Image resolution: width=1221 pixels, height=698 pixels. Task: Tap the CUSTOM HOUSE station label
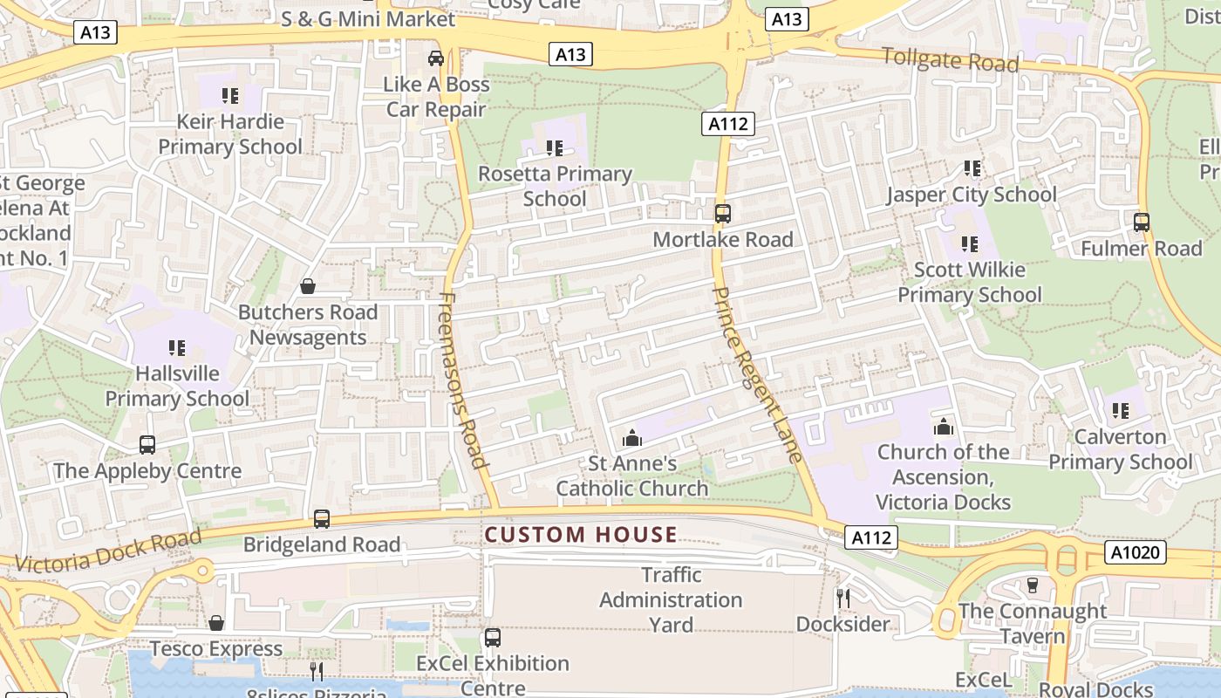coord(581,535)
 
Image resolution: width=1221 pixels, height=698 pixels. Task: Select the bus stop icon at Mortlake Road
coord(722,214)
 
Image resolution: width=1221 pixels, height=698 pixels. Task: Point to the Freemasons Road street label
coord(462,380)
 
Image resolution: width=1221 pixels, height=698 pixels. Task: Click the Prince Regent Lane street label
coord(756,373)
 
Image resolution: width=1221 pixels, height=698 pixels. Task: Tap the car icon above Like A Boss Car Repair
coord(436,58)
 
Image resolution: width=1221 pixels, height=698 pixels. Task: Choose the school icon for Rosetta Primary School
coord(555,149)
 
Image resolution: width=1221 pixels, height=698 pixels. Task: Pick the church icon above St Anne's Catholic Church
coord(632,438)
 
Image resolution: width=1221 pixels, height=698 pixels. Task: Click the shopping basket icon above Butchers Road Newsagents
coord(308,286)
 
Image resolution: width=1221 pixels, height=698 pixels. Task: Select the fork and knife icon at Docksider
coord(842,599)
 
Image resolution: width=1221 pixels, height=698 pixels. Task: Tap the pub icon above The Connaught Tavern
coord(1033,585)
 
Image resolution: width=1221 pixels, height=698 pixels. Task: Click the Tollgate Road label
coord(950,60)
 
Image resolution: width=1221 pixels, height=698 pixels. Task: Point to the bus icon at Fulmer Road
coord(1141,222)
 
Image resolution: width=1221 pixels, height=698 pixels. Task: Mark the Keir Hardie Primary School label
coord(230,133)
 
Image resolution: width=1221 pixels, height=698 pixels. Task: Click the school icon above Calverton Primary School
coord(1121,410)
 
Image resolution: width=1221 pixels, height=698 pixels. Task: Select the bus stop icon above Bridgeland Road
coord(322,519)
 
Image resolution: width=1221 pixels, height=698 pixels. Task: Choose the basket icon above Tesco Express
coord(216,623)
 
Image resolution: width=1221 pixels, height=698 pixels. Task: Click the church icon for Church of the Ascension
coord(943,427)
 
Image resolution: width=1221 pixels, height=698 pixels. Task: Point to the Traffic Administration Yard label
coord(671,599)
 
